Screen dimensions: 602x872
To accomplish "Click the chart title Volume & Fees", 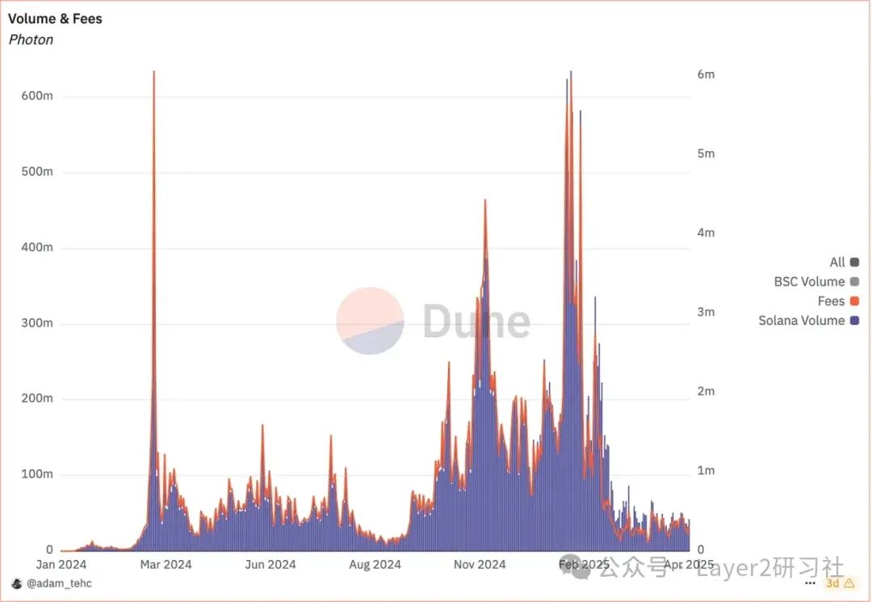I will click(x=55, y=18).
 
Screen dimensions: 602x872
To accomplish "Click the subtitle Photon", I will click(x=31, y=40).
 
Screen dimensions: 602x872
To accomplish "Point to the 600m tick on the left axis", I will click(x=37, y=96).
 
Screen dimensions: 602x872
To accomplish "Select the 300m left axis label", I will click(x=37, y=323).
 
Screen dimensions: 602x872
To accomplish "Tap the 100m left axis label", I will click(x=37, y=474).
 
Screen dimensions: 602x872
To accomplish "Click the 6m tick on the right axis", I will click(x=705, y=74).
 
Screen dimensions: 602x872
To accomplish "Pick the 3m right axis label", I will click(x=705, y=312).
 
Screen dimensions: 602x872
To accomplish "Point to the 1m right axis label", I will click(x=705, y=470).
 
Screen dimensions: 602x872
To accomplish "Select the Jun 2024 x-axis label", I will click(x=270, y=565).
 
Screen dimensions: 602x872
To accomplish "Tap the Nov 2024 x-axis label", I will click(x=480, y=565).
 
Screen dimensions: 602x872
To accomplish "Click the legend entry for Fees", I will click(x=838, y=301).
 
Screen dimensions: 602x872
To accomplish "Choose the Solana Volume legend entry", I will click(x=808, y=321).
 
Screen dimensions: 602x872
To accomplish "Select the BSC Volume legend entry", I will click(x=816, y=282).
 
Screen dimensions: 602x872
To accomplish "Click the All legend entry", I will click(x=844, y=263).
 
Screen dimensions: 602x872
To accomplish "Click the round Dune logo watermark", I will click(x=370, y=321).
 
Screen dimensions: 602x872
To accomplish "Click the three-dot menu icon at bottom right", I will click(x=811, y=583).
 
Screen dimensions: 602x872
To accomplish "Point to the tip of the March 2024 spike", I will click(x=153, y=72).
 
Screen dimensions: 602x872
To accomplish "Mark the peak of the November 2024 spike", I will click(x=485, y=200).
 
